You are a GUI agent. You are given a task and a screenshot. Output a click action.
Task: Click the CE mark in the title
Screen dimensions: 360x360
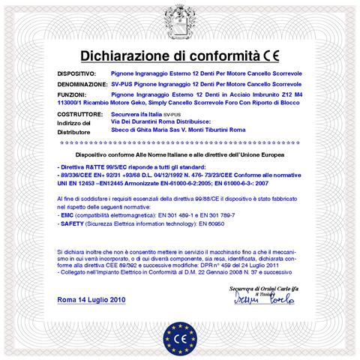(273, 53)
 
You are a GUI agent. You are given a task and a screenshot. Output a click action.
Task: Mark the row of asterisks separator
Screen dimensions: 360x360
(180, 142)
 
